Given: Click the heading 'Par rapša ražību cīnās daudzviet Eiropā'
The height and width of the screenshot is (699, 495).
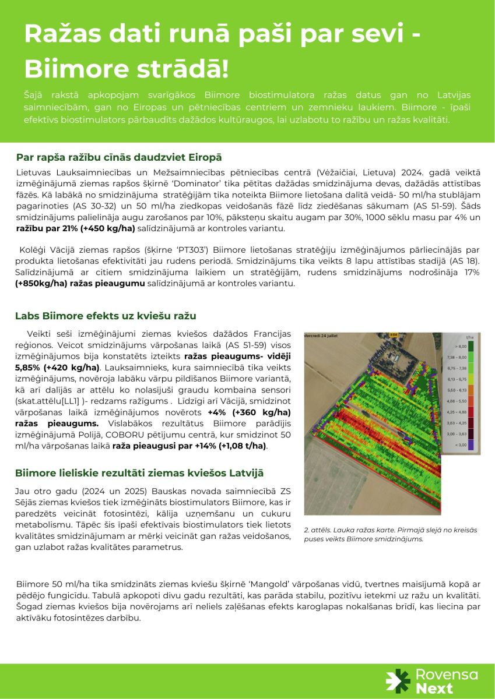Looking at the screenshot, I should click(118, 157).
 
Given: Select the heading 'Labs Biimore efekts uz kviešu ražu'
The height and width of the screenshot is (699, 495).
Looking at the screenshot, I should click(106, 316).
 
